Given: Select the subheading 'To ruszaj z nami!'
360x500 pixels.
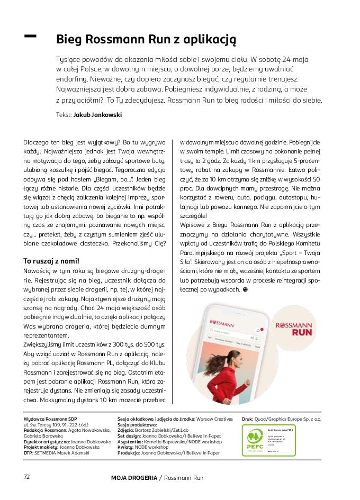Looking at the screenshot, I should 51,261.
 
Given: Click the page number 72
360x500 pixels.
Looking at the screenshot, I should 26,476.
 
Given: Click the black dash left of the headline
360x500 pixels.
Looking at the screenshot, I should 31,35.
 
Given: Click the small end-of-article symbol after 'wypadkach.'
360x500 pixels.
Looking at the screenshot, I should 245,290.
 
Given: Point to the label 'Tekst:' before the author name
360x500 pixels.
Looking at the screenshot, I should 63,114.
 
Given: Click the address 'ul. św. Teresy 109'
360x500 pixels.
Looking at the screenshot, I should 46,424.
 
